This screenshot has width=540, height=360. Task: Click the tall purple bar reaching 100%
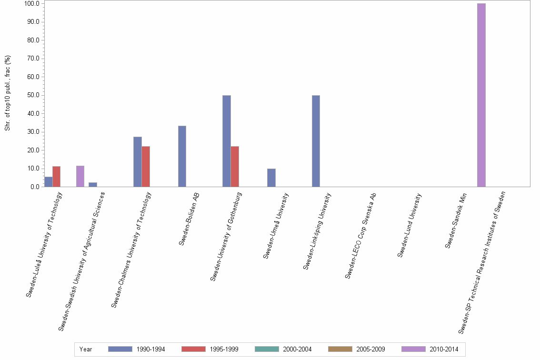click(x=481, y=95)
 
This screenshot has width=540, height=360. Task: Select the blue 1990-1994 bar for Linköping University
click(x=316, y=141)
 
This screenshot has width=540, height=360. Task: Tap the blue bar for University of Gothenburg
click(x=227, y=141)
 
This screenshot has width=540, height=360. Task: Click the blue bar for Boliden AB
click(x=182, y=156)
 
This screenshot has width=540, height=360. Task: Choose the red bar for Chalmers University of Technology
click(x=146, y=167)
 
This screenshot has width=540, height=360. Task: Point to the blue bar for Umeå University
click(x=271, y=178)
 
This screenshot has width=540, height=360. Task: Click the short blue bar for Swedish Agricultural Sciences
click(x=93, y=185)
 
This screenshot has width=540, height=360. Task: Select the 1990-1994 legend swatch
click(x=120, y=349)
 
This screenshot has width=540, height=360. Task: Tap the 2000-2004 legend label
click(x=297, y=349)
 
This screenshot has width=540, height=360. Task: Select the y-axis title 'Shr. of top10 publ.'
click(x=8, y=93)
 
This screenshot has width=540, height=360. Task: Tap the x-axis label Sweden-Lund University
click(x=410, y=225)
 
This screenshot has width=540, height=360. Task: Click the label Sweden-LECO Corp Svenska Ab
click(x=361, y=235)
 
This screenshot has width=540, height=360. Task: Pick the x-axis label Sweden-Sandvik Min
click(x=456, y=220)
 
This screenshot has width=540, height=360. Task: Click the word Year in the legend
click(x=86, y=349)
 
